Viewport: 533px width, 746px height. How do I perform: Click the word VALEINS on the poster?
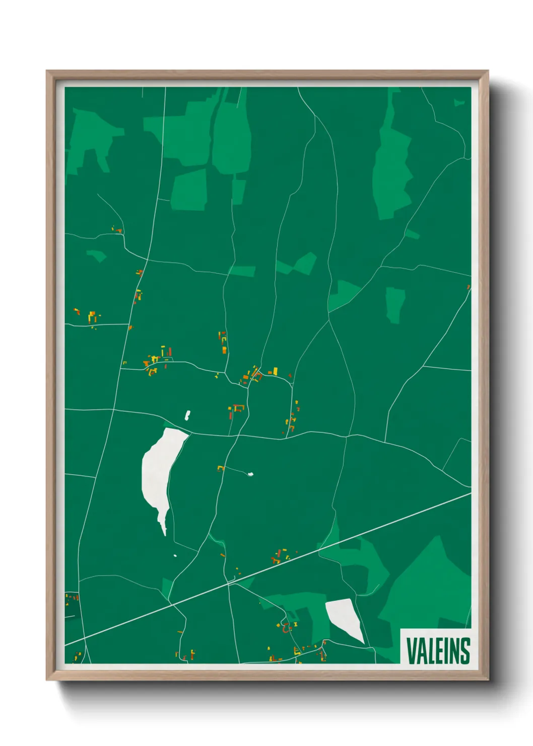pyautogui.click(x=437, y=651)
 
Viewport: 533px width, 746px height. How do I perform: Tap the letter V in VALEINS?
pyautogui.click(x=411, y=651)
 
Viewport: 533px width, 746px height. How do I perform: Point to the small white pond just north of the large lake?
pyautogui.click(x=187, y=415)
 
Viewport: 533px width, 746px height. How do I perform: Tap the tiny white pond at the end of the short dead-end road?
pyautogui.click(x=250, y=474)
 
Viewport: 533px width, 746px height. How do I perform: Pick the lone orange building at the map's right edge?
pyautogui.click(x=469, y=287)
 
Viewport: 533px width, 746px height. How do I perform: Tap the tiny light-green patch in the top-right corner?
pyautogui.click(x=459, y=102)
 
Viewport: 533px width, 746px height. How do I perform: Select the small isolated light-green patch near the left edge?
pyautogui.click(x=97, y=256)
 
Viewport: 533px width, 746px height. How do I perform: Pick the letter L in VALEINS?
pyautogui.click(x=430, y=651)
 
